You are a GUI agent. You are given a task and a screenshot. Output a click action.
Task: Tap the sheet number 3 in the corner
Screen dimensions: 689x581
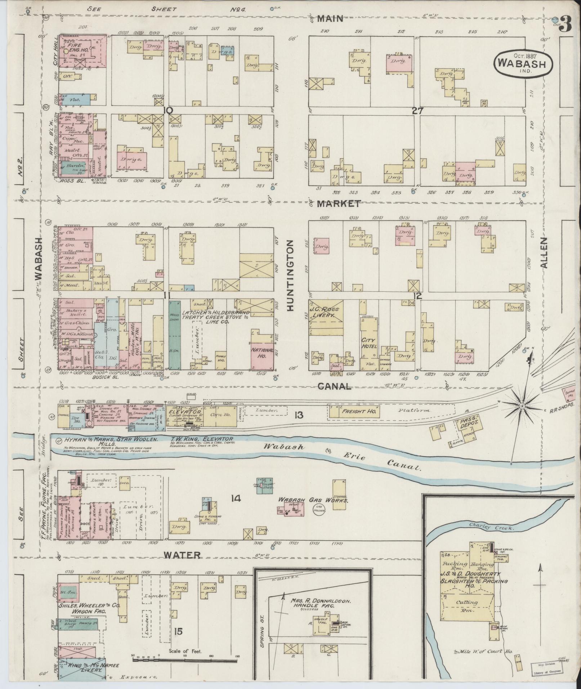coord(566,24)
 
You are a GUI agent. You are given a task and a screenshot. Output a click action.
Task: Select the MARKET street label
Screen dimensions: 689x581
coord(339,203)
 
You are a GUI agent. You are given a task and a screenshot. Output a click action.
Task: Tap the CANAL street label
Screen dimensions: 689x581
coord(334,386)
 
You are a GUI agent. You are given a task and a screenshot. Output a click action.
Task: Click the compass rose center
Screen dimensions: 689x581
coord(521,406)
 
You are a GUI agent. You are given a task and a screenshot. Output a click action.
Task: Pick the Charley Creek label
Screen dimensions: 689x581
coord(491,527)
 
